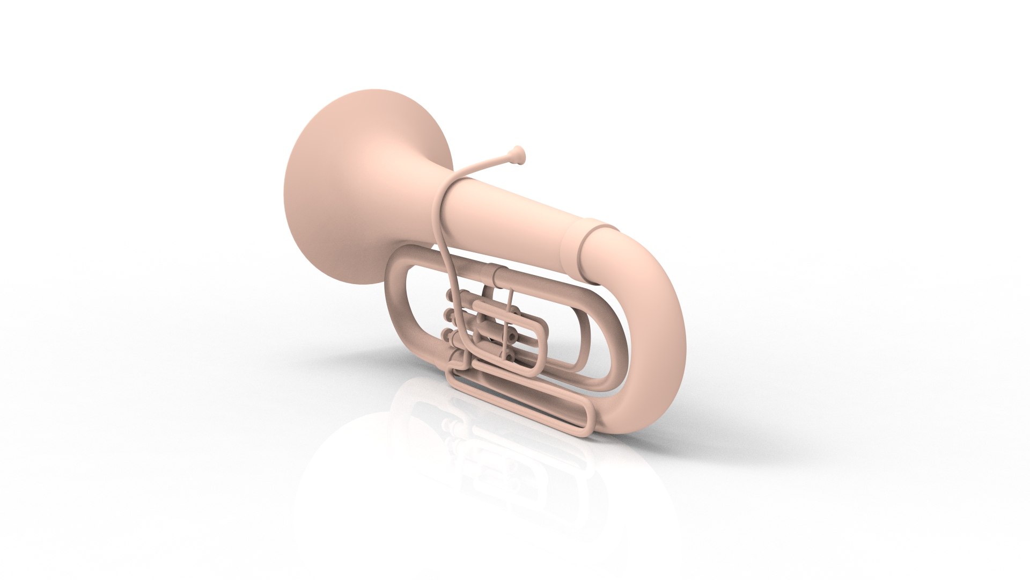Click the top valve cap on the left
click(x=450, y=297)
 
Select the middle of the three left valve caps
click(x=448, y=316)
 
